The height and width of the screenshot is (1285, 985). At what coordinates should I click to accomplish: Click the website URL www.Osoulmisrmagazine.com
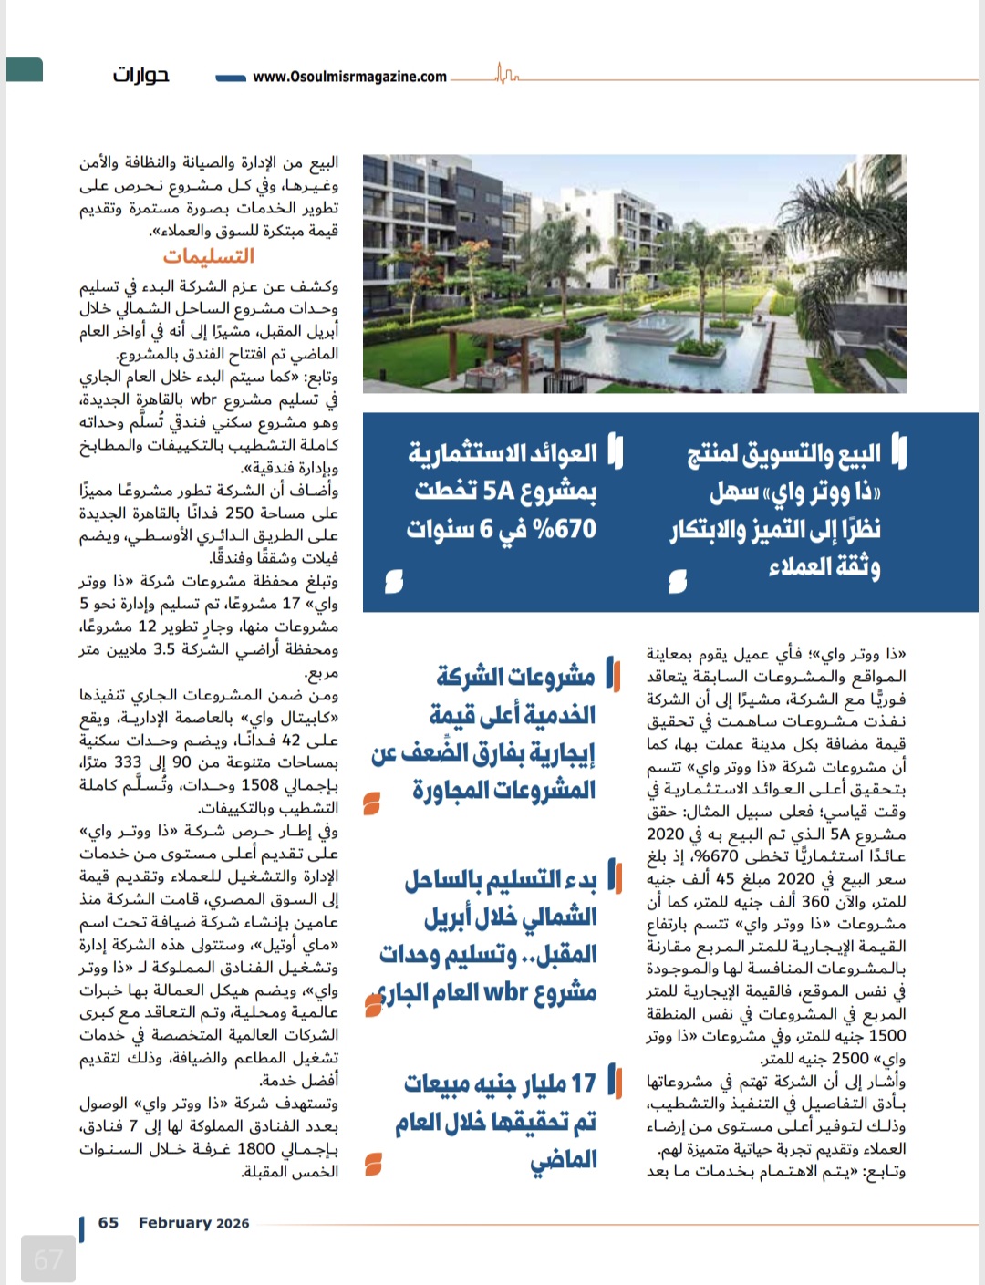[x=349, y=77]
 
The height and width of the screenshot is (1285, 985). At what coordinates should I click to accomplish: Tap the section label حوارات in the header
[x=140, y=75]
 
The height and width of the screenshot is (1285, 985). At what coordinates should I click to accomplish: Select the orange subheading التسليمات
[x=209, y=256]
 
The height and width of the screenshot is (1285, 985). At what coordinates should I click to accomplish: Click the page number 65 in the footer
[x=109, y=1223]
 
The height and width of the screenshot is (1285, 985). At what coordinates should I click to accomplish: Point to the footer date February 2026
[x=193, y=1223]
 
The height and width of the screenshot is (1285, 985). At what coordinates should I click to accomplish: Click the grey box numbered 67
[x=47, y=1259]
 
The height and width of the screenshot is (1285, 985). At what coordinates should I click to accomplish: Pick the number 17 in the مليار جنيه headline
[x=583, y=1083]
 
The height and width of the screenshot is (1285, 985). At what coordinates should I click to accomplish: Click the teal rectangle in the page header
[x=25, y=69]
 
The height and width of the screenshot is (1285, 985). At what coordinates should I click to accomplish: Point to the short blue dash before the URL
[x=231, y=78]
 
